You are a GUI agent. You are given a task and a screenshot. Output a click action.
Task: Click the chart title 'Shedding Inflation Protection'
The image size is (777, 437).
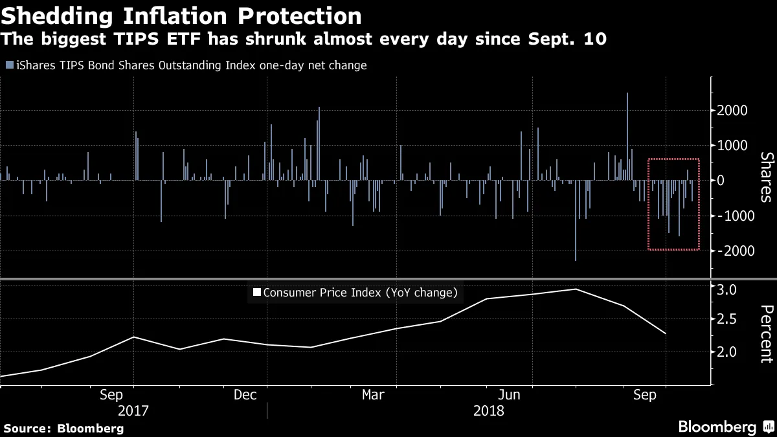pos(181,16)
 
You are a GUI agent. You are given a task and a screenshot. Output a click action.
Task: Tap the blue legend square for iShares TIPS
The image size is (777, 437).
pos(8,65)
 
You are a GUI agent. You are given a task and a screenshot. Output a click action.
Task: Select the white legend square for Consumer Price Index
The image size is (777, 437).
pos(256,293)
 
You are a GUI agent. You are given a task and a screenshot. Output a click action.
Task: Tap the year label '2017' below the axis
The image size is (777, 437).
pos(133,410)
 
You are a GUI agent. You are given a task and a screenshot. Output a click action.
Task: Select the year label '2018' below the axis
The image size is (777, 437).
pos(489,410)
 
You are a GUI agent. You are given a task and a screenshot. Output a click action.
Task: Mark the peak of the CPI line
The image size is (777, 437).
pos(576,289)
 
